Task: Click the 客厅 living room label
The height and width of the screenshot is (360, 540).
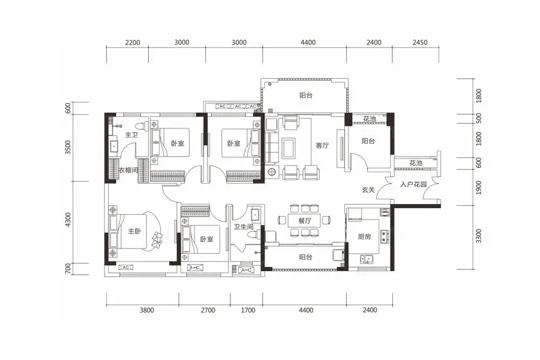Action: pyautogui.click(x=322, y=145)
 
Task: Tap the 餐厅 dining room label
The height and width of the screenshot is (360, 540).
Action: pyautogui.click(x=305, y=220)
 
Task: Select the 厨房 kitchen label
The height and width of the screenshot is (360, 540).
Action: pyautogui.click(x=364, y=236)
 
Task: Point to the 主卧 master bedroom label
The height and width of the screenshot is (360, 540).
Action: pyautogui.click(x=134, y=231)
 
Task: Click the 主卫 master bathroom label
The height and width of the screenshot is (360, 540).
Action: pyautogui.click(x=131, y=134)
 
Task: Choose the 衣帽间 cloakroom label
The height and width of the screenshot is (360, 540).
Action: pyautogui.click(x=128, y=170)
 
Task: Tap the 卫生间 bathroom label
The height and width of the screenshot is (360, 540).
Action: pyautogui.click(x=244, y=227)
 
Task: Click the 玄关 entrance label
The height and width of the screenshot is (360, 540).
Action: pyautogui.click(x=368, y=190)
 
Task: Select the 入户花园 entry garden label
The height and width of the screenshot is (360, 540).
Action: pyautogui.click(x=413, y=184)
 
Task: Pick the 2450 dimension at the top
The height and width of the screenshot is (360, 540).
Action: pyautogui.click(x=420, y=43)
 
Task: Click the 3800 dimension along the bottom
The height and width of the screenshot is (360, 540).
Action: pyautogui.click(x=147, y=310)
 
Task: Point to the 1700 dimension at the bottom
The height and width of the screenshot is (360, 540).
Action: pyautogui.click(x=248, y=310)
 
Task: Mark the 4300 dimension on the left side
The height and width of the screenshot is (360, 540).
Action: pyautogui.click(x=68, y=220)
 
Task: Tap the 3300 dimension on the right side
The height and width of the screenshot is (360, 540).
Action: pyautogui.click(x=479, y=236)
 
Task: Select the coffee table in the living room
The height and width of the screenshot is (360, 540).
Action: pyautogui.click(x=288, y=148)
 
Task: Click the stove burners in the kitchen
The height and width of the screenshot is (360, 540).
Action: pyautogui.click(x=385, y=236)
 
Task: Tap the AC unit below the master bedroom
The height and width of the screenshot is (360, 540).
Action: pyautogui.click(x=126, y=268)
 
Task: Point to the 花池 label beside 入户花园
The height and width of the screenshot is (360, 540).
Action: pyautogui.click(x=416, y=163)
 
